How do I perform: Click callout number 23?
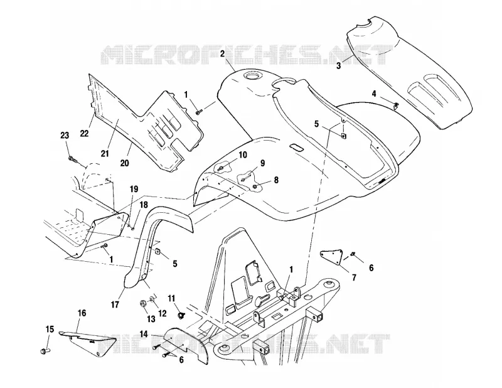[65, 135]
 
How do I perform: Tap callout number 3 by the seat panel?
[339, 66]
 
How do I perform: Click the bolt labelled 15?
[45, 351]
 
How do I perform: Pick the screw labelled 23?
[73, 159]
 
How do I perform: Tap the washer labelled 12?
[152, 299]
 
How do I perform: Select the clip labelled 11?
[181, 316]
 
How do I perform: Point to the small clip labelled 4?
[396, 105]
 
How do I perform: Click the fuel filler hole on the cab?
[250, 76]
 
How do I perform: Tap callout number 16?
[82, 313]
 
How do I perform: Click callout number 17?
[115, 304]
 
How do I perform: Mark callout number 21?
[105, 153]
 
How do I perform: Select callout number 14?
[144, 335]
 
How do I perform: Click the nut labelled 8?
[255, 186]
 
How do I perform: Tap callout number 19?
[134, 189]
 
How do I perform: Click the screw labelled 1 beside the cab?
[199, 111]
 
